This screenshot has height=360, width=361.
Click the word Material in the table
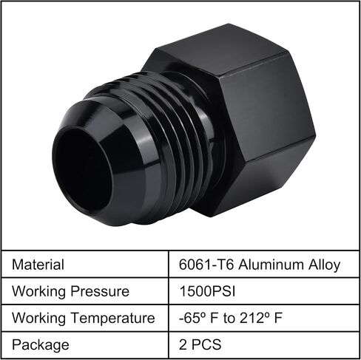38,265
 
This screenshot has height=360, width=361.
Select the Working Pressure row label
70,291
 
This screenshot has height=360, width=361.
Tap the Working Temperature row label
84,318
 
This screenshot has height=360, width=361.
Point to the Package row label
41,345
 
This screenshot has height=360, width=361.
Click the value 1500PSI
207,291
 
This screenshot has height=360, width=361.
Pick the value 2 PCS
200,344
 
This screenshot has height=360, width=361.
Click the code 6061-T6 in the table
206,265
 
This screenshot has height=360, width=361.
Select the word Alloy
325,265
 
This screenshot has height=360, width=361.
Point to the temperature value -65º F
199,318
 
